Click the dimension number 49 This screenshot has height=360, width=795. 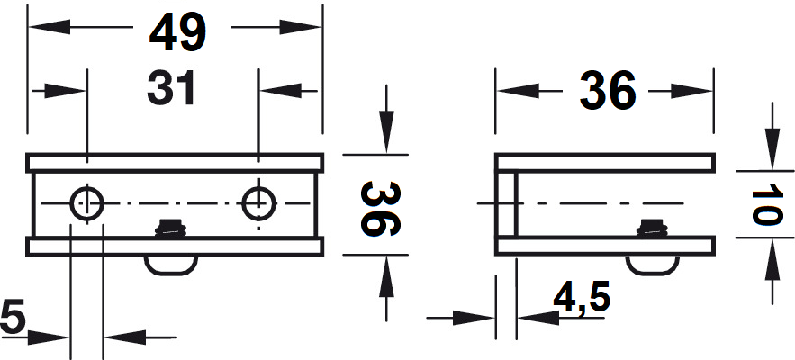click(x=177, y=31)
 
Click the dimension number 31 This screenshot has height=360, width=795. click(x=171, y=88)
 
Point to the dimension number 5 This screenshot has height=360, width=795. click(x=13, y=317)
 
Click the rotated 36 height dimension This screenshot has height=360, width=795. click(x=381, y=209)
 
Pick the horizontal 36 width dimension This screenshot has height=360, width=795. click(x=608, y=91)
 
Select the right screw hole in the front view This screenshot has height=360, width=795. click(x=258, y=204)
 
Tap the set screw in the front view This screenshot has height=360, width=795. click(x=171, y=228)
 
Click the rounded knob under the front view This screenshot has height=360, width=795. click(x=171, y=265)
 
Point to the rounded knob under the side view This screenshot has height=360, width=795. click(x=652, y=265)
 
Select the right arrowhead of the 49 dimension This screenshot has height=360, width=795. click(x=301, y=26)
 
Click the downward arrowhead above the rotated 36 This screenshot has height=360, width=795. click(x=386, y=131)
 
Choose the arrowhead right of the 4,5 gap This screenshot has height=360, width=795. click(x=538, y=318)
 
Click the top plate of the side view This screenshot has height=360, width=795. click(x=605, y=162)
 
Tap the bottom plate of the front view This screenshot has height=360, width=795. click(x=175, y=246)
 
